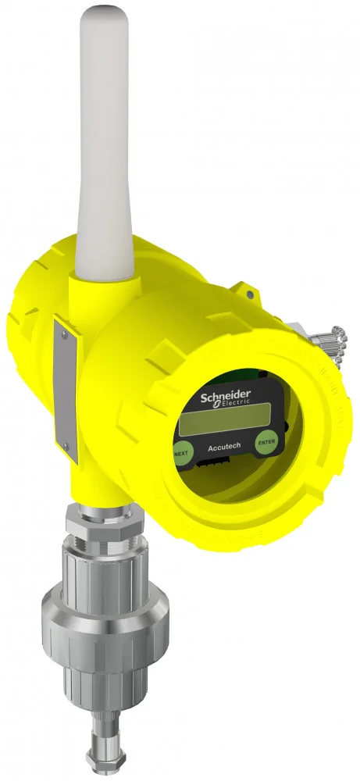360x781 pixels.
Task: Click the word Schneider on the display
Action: [x=226, y=397]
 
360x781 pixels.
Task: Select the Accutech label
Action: [x=224, y=447]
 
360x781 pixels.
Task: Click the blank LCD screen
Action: [x=225, y=419]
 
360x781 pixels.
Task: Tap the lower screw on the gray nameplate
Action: [x=66, y=447]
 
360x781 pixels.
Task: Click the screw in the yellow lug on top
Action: [x=249, y=295]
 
